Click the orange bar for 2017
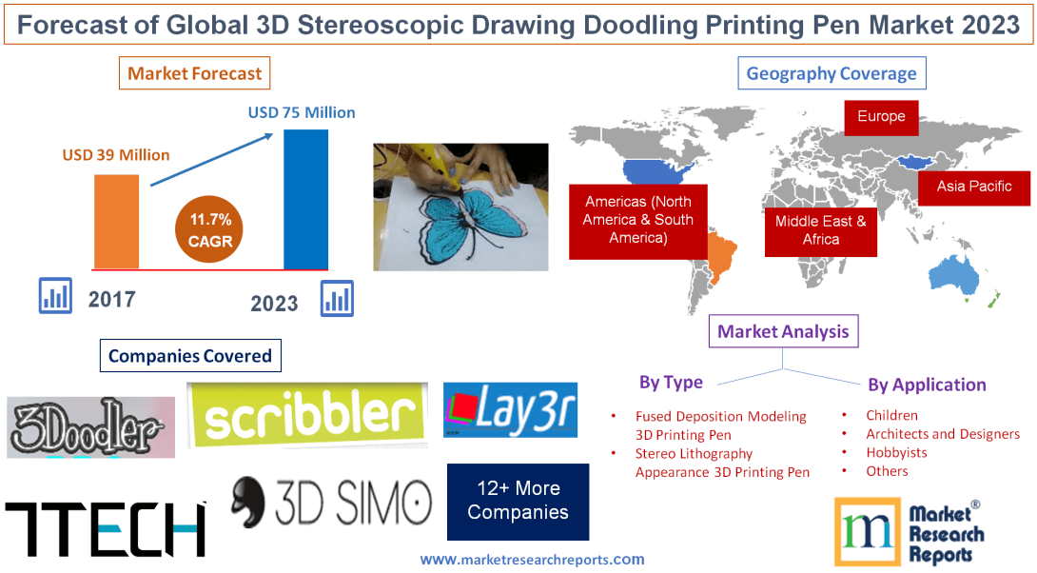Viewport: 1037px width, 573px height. pos(116,221)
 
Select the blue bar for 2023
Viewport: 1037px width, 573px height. pos(305,199)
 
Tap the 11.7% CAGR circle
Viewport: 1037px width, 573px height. pos(210,230)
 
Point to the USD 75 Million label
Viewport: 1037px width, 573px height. pos(302,112)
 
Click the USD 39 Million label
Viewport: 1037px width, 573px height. pos(116,154)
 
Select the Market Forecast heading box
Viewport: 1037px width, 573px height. pos(195,73)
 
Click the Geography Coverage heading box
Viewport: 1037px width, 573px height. pos(832,73)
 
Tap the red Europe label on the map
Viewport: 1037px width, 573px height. pos(881,117)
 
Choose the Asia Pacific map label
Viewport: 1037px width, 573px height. pos(974,187)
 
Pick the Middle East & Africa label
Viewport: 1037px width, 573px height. pos(820,229)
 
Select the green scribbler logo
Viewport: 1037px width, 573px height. pos(306,414)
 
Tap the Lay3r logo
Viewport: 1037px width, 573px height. pos(511,411)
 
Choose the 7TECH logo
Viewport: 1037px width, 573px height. pos(106,528)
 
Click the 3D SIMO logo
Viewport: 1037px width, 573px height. pos(331,503)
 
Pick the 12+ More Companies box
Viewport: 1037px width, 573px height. pos(518,501)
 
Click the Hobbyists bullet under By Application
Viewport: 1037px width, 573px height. pos(896,452)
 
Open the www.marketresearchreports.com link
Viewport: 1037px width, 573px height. pos(532,560)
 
